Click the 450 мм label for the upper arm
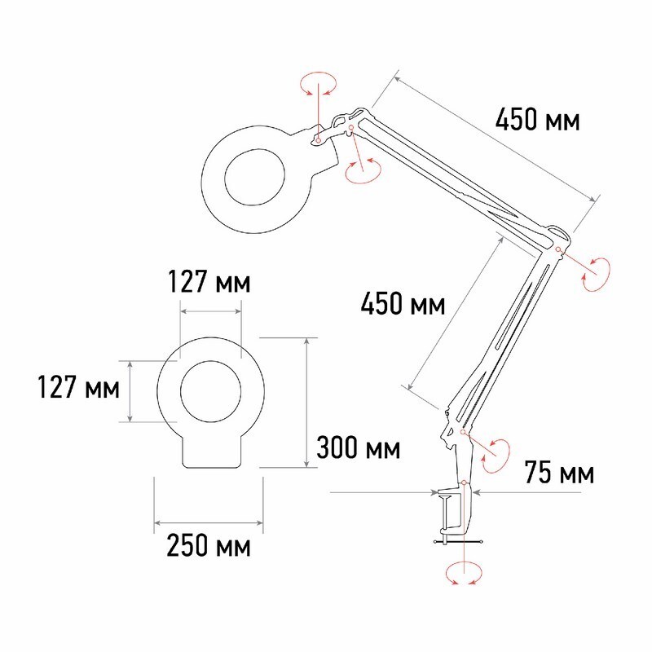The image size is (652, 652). click(x=537, y=119)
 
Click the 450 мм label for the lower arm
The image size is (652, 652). click(x=403, y=303)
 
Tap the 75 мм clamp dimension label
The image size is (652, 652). click(x=559, y=473)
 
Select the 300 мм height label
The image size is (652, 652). click(x=358, y=447)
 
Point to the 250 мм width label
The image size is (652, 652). click(x=209, y=545)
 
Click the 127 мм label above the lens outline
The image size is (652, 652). click(x=209, y=281)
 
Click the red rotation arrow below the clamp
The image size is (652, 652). click(x=464, y=574)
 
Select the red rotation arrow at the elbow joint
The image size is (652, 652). click(x=597, y=274)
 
